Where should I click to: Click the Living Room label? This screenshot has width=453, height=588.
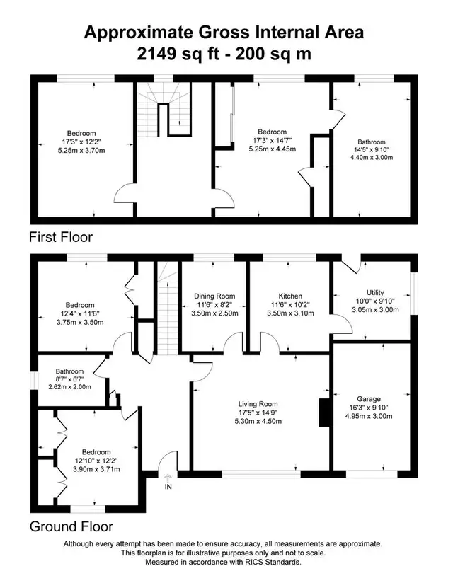(x=258, y=404)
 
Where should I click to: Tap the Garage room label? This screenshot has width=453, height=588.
(x=369, y=399)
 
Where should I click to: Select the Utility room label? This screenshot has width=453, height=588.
(x=375, y=292)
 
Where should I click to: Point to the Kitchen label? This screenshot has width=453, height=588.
(x=290, y=296)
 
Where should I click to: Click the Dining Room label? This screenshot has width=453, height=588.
(x=214, y=296)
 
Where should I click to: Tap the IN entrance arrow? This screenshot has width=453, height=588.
(x=168, y=478)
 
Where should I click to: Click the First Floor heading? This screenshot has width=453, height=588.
(x=61, y=237)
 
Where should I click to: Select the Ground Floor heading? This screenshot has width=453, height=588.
(x=71, y=526)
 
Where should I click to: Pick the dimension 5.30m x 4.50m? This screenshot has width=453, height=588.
(x=258, y=421)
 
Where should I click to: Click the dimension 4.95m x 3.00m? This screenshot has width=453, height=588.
(x=369, y=416)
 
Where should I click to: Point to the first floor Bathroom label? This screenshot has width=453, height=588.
(x=372, y=142)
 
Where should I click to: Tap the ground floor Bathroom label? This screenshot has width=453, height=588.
(x=70, y=371)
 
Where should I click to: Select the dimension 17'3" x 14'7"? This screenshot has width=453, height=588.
(x=273, y=141)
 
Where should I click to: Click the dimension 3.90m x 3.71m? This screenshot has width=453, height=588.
(x=96, y=469)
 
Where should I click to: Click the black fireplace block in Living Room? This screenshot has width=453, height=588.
(x=324, y=413)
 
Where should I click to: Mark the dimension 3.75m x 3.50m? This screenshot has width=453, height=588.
(x=80, y=322)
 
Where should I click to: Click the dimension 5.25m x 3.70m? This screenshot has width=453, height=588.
(x=81, y=151)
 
